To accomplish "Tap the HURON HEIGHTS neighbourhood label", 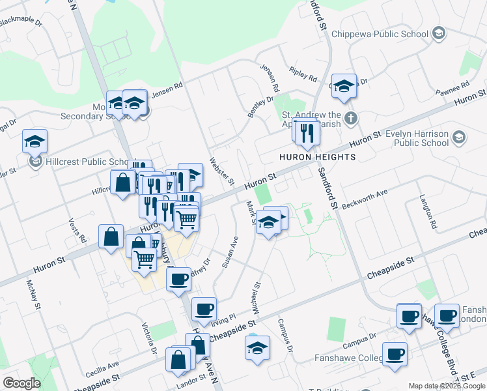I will (x=317, y=157).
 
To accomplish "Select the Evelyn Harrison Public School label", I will (x=417, y=138).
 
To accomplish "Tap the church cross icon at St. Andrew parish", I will (x=351, y=118).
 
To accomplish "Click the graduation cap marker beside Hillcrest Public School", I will (x=35, y=140).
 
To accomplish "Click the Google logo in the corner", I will (x=22, y=383).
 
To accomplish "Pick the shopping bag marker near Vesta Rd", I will (x=111, y=235).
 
